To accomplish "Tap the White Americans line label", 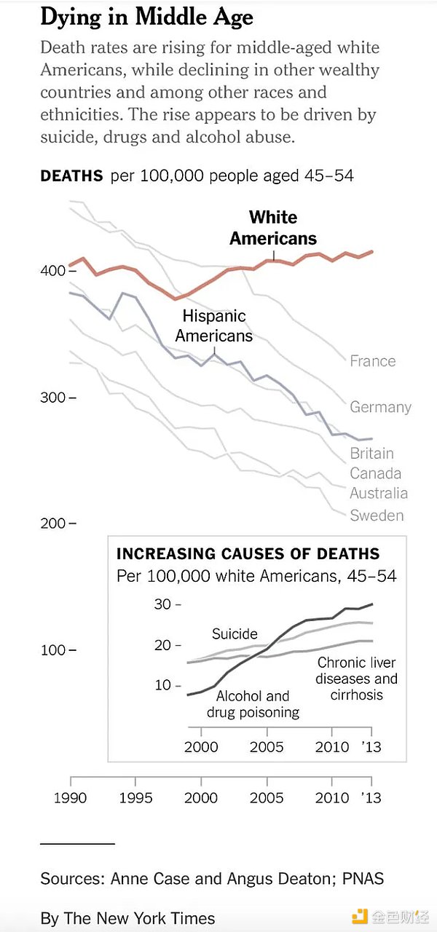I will click(x=273, y=228).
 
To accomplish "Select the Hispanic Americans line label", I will click(x=214, y=325).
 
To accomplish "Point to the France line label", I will click(x=372, y=361).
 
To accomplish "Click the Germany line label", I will click(x=380, y=407).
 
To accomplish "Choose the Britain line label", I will click(x=371, y=453).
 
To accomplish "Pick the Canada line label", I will click(x=375, y=473).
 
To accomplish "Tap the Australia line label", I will click(x=378, y=493).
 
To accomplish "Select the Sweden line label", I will click(x=376, y=516).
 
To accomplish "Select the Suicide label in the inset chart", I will click(x=235, y=634).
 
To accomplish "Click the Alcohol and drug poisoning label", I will click(x=253, y=704).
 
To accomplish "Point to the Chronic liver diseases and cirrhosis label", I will click(x=357, y=679).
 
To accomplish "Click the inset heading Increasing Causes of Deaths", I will click(x=248, y=553).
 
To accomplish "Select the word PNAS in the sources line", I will click(x=363, y=879).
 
